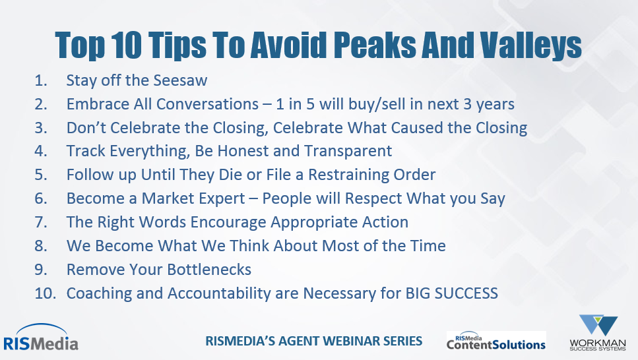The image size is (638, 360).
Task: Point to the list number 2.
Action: coord(41,104)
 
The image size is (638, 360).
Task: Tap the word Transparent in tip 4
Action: coord(348,152)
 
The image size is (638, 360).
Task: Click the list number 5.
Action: coord(41,175)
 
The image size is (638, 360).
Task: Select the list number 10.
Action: coord(45,293)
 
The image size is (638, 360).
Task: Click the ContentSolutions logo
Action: coord(496,341)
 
